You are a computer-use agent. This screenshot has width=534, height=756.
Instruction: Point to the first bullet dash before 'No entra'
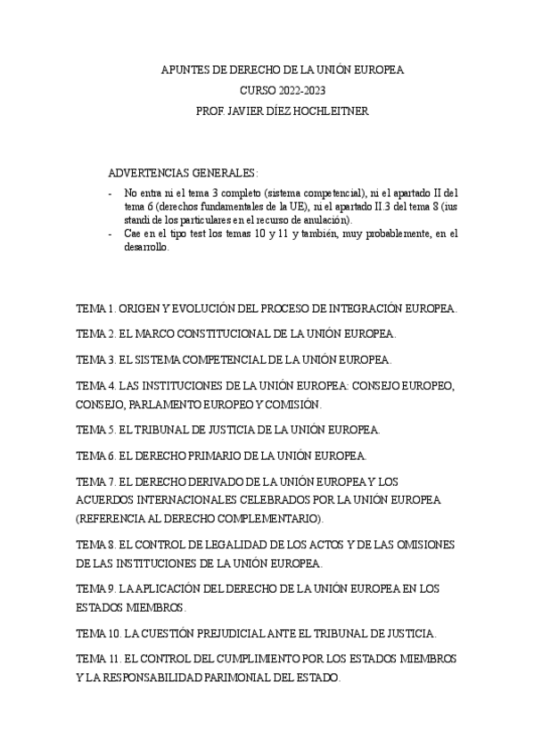[x=109, y=192]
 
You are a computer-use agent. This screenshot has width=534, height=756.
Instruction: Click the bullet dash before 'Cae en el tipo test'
[x=109, y=234]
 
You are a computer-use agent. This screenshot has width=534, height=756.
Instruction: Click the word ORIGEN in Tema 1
[x=141, y=309]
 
